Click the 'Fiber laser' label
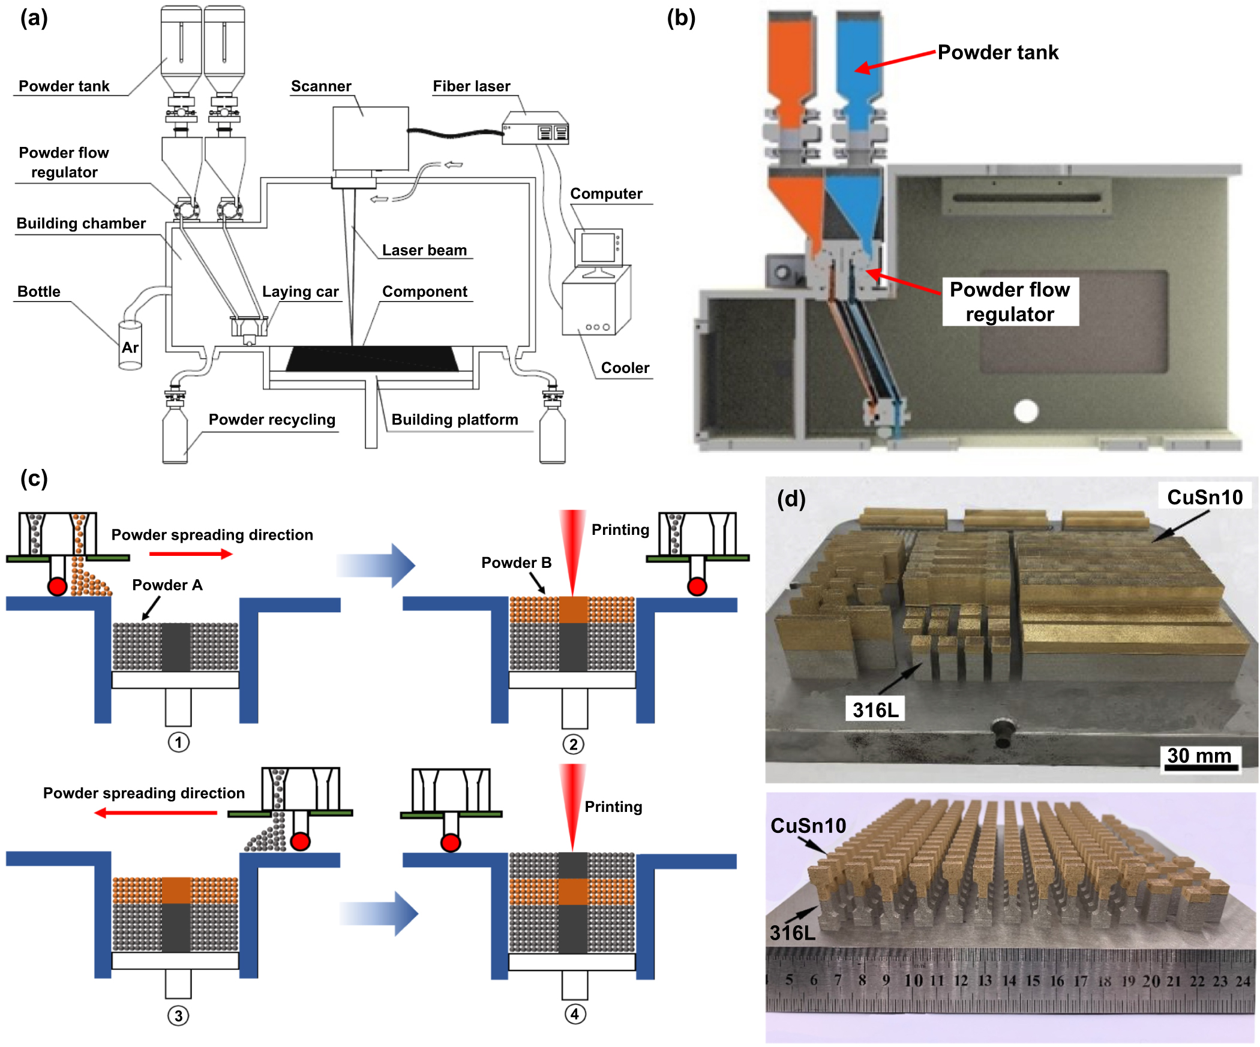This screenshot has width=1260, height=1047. click(472, 86)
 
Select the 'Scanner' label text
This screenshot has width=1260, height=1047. click(321, 86)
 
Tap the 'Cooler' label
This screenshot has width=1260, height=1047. click(625, 368)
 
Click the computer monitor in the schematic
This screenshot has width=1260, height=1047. click(598, 247)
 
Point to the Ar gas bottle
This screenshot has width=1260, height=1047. click(130, 346)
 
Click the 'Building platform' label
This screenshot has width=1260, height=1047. click(454, 419)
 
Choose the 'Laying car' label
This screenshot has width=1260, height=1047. click(300, 291)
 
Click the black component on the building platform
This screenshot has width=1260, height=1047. click(372, 359)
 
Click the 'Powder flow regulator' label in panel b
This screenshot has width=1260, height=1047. click(1010, 302)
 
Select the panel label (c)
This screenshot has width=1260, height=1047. click(34, 479)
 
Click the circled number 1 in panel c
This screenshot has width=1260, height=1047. click(178, 742)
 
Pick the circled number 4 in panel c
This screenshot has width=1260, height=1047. click(575, 1014)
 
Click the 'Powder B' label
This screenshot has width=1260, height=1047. click(516, 562)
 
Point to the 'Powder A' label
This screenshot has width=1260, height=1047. click(167, 585)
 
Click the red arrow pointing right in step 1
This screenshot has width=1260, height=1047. click(191, 554)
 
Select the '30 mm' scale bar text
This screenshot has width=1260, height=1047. click(1199, 755)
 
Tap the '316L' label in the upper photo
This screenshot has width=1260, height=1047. click(875, 710)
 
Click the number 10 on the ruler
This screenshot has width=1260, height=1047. click(913, 980)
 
